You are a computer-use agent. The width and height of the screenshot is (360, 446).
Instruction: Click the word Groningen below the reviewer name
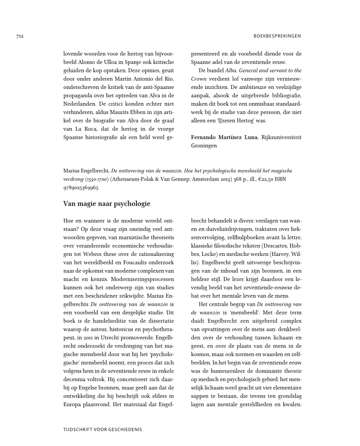coord(204,146)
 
